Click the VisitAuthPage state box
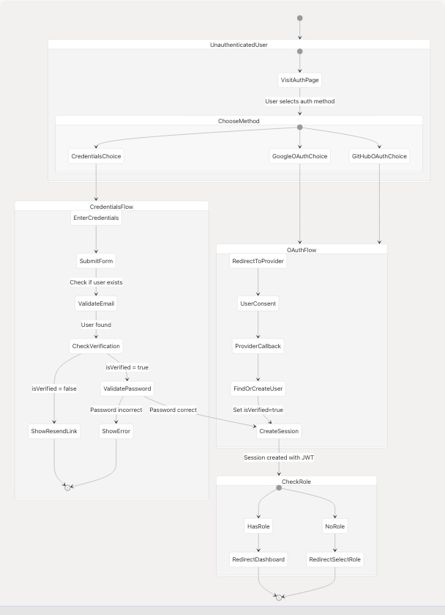coord(299,79)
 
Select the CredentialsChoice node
coord(96,156)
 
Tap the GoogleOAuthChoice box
coord(299,156)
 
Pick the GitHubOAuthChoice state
coord(379,156)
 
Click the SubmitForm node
coord(96,261)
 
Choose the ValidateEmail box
coord(96,303)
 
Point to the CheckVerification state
coord(96,345)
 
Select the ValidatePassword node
coord(127,388)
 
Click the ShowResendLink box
coord(53,431)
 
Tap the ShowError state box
coord(116,431)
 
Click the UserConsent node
coord(258,303)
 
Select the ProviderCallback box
coord(258,345)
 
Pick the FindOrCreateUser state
coord(258,388)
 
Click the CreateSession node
coord(278,431)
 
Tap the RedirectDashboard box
coord(258,559)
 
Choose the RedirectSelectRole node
coord(334,559)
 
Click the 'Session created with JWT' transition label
coord(278,457)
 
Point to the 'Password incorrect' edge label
coord(116,410)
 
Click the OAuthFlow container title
coord(302,250)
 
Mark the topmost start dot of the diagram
coord(299,18)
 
